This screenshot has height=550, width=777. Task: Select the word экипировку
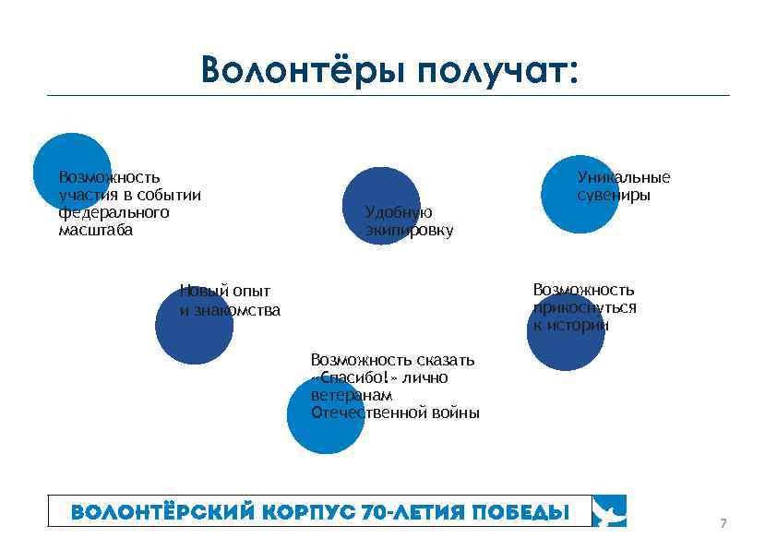click(409, 231)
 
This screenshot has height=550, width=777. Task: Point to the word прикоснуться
click(585, 307)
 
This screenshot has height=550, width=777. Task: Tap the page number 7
click(723, 524)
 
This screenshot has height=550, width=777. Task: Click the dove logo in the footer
click(610, 510)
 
